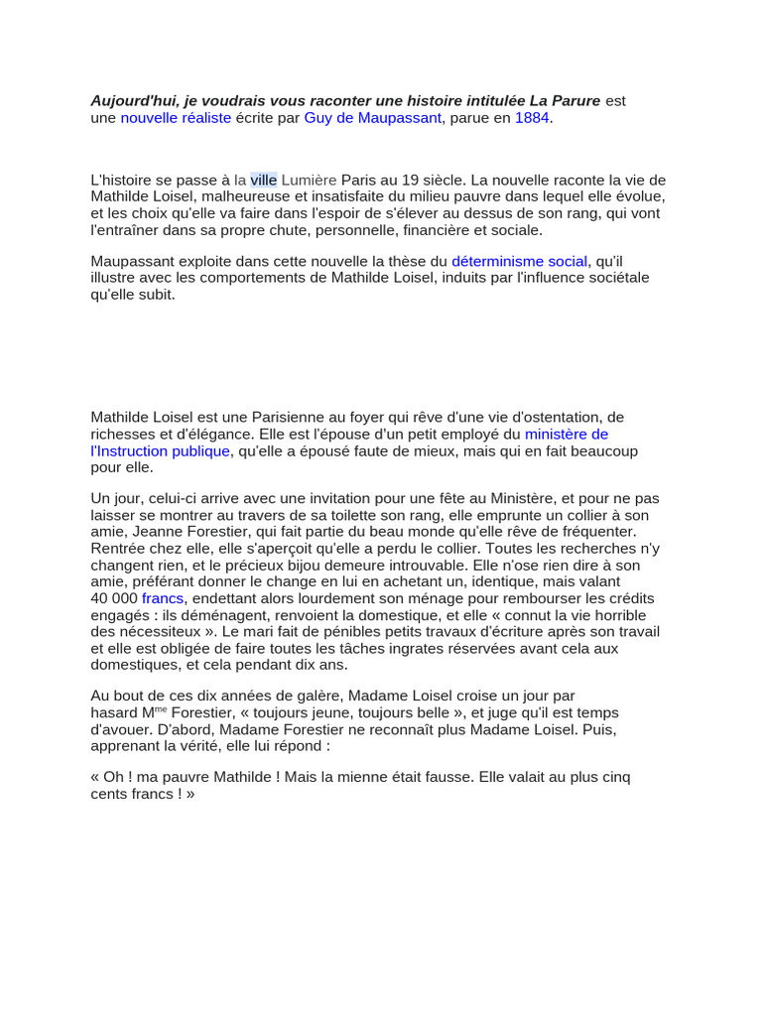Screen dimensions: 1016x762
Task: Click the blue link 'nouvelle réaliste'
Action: click(x=176, y=118)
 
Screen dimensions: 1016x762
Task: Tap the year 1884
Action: click(x=532, y=118)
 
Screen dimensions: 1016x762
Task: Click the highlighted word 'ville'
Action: click(x=263, y=180)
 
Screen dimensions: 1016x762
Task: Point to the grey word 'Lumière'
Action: click(x=309, y=180)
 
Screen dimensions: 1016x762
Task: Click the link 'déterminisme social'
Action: click(x=520, y=261)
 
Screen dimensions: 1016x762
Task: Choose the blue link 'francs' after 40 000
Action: click(x=163, y=598)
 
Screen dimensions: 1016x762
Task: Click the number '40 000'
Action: click(x=114, y=598)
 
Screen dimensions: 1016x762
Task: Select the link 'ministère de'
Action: click(x=567, y=435)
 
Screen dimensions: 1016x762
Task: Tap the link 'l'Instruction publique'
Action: click(x=160, y=451)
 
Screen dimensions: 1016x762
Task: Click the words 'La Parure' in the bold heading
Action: click(x=565, y=101)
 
